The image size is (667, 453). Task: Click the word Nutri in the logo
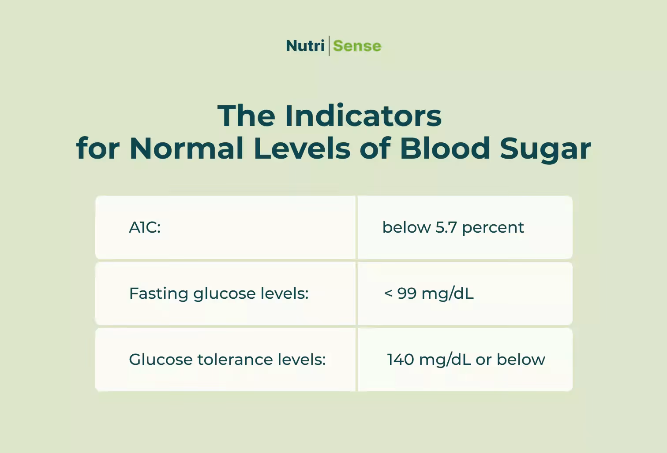coord(305,46)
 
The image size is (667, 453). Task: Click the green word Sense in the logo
coord(357,46)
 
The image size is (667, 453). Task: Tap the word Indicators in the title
coord(363,116)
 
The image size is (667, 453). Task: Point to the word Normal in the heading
coord(187,149)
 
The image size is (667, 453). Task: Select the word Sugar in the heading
coord(545,149)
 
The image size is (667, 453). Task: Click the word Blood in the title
coord(445,149)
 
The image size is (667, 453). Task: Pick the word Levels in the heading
coord(302,149)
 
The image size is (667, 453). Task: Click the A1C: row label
coord(145,227)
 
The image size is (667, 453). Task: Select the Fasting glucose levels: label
coord(219,293)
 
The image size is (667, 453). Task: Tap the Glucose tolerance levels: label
coord(227,360)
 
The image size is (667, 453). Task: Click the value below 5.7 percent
coord(453,227)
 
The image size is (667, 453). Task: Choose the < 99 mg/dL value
coord(429,293)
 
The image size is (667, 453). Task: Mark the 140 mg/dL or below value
coord(466,360)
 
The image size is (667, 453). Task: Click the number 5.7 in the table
coord(446,227)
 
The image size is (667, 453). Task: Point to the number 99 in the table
coord(407,293)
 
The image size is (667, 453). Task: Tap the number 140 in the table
coord(401,360)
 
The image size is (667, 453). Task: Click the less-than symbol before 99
coord(388,293)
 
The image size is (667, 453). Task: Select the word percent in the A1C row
coord(493,228)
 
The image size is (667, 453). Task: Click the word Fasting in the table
coord(158,294)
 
